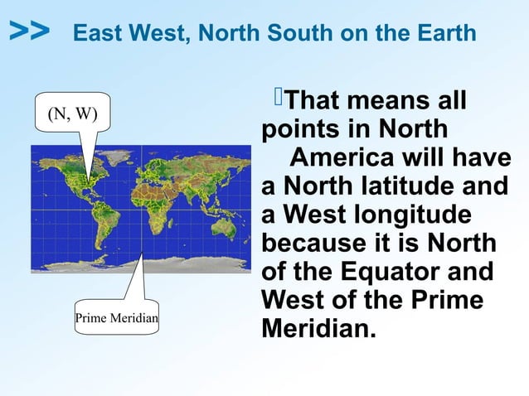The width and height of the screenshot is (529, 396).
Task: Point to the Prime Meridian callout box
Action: tap(117, 317)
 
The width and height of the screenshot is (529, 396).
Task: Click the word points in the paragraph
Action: tap(303, 130)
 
